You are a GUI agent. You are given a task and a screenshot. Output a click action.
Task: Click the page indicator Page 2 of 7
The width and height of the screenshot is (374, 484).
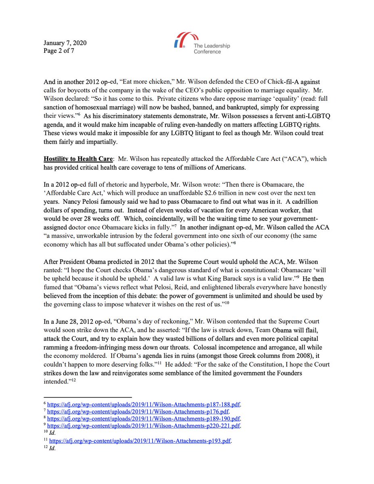coord(59,51)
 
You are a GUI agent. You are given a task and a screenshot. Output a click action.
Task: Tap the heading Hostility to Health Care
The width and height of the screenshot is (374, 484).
coord(73,159)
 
